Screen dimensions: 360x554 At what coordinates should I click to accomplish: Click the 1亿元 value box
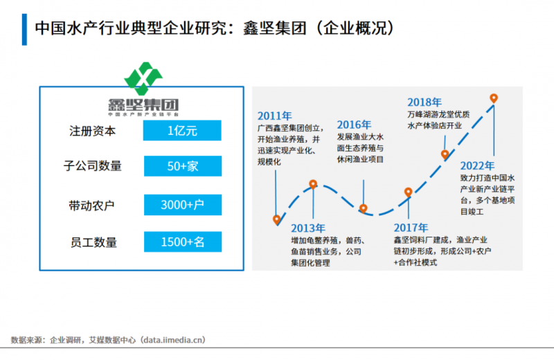[x=182, y=131]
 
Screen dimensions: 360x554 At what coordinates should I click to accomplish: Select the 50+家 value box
[x=182, y=166]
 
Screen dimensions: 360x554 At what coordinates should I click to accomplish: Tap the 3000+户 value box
[x=182, y=205]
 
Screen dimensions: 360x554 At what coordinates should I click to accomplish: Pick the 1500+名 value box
[x=182, y=242]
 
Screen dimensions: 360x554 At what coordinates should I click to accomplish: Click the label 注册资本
[x=93, y=131]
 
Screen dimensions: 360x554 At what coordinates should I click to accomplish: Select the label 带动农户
[x=93, y=205]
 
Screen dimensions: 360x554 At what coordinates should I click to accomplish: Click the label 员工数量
[x=93, y=242]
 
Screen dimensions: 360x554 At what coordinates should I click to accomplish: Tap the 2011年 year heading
[x=274, y=116]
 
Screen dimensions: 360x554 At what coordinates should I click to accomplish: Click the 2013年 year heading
[x=307, y=228]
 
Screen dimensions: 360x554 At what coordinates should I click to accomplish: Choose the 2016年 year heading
[x=355, y=125]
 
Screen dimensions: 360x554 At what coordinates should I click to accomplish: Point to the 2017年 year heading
[x=411, y=228]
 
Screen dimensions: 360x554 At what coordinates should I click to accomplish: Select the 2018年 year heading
[x=425, y=102]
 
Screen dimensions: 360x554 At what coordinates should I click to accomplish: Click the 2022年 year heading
[x=477, y=165]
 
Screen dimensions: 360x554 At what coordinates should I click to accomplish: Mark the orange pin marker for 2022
[x=494, y=99]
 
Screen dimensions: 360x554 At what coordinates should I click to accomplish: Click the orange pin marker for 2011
[x=277, y=220]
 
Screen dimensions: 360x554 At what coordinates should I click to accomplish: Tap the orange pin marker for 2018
[x=445, y=154]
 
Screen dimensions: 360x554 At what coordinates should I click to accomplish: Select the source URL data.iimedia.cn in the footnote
[x=172, y=340]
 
